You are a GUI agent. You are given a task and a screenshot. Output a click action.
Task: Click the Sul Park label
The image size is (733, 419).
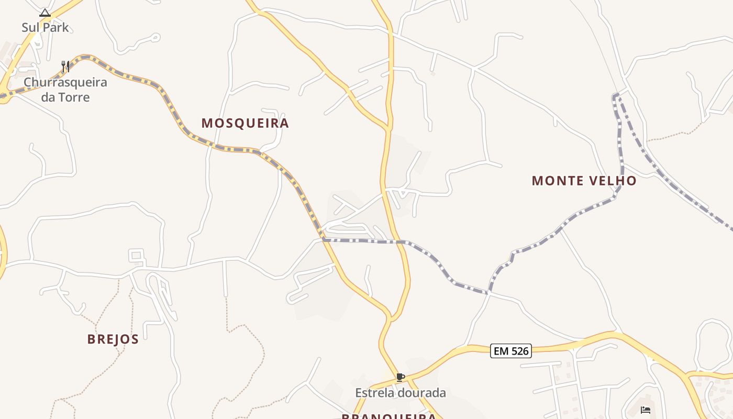(45, 27)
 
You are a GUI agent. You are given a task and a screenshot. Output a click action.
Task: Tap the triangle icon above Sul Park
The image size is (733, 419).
(45, 13)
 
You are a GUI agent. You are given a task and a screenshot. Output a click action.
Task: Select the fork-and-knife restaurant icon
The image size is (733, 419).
(65, 67)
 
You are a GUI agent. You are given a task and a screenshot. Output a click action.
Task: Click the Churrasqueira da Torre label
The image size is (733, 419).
(65, 90)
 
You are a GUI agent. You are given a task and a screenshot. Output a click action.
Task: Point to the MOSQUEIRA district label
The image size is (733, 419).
(245, 123)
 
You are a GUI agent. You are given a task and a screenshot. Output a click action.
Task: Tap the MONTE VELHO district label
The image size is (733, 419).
(584, 181)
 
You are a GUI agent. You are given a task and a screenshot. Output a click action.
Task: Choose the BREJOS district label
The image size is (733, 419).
(113, 339)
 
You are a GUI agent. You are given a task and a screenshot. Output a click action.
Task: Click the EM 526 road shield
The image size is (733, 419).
(511, 350)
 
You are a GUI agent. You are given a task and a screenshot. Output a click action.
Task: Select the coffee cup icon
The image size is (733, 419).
(401, 377)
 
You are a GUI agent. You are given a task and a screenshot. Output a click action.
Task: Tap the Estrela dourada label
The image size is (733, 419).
(401, 393)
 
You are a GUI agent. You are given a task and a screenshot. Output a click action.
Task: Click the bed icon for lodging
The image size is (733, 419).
(646, 410)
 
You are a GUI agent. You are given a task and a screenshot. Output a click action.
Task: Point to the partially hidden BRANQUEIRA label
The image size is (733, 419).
(388, 416)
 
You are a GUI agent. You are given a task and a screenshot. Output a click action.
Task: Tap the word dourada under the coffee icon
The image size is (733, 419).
(423, 393)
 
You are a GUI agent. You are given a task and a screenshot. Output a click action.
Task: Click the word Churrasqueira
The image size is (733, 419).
(65, 82)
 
